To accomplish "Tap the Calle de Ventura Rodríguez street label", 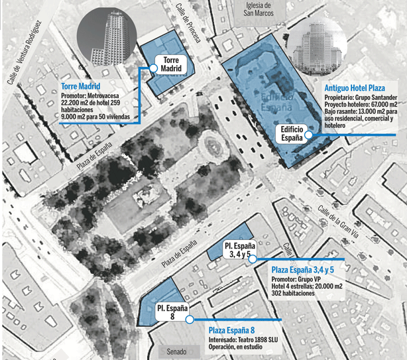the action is [28, 53].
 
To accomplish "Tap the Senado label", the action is [176, 351].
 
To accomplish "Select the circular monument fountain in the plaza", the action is [211, 141].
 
